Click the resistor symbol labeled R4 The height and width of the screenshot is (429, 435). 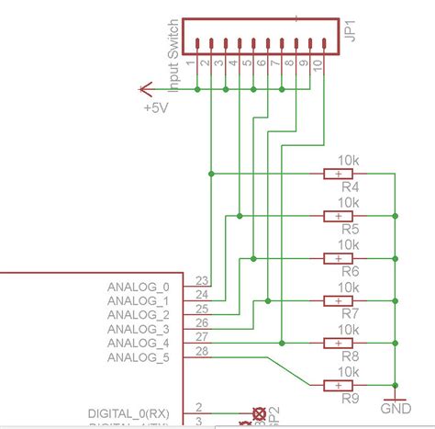pyautogui.click(x=340, y=173)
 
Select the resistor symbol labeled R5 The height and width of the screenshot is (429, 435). pyautogui.click(x=340, y=216)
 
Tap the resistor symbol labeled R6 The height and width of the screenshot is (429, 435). pyautogui.click(x=340, y=258)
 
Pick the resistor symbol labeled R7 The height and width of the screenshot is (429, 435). pyautogui.click(x=340, y=300)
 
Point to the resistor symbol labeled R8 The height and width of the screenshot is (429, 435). pyautogui.click(x=340, y=343)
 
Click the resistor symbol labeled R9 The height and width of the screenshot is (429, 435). pyautogui.click(x=340, y=384)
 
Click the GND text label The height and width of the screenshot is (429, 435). pyautogui.click(x=396, y=407)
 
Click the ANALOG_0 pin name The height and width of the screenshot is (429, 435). pyautogui.click(x=139, y=287)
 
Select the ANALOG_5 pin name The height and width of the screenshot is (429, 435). pyautogui.click(x=139, y=356)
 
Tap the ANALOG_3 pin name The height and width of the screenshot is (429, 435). pyautogui.click(x=139, y=329)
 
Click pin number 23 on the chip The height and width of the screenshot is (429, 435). pyautogui.click(x=202, y=281)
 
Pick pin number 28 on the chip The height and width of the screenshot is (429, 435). pyautogui.click(x=202, y=351)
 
